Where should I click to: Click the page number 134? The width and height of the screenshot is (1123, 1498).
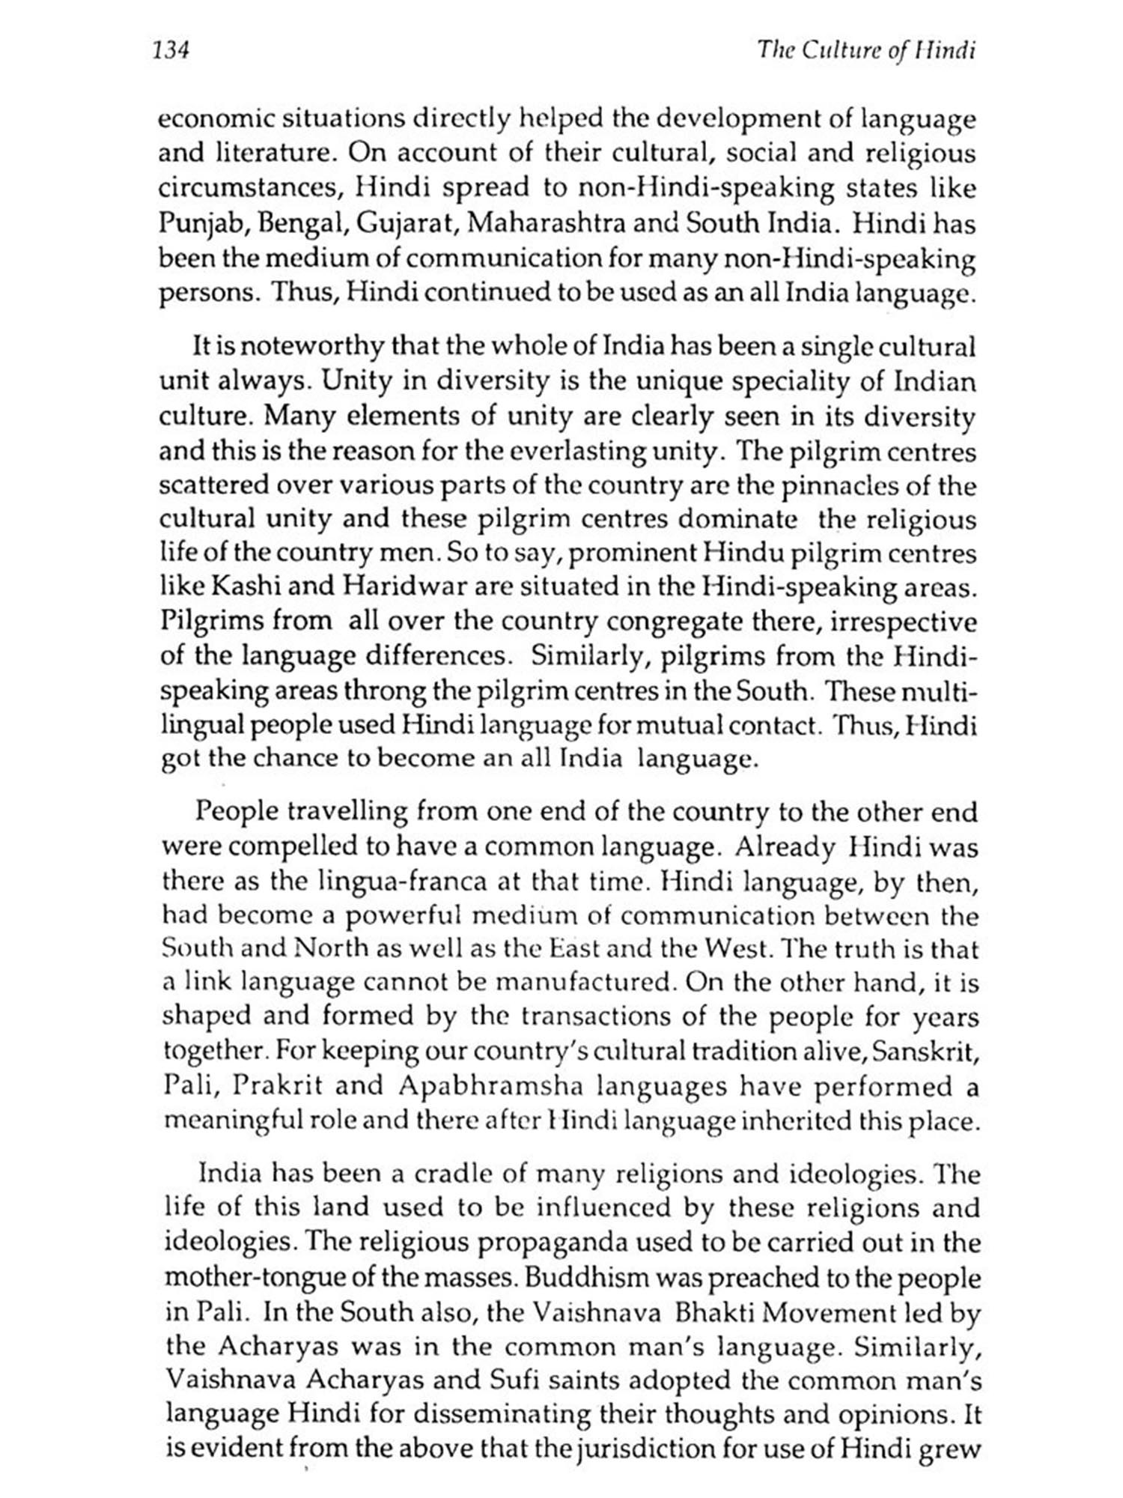[172, 50]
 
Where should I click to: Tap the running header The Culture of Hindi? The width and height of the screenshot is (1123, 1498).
[867, 50]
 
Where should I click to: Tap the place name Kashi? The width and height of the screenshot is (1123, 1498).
[250, 588]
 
